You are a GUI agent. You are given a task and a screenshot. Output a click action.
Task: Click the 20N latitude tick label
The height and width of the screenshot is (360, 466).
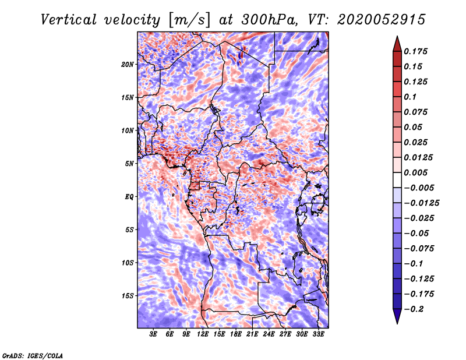[x=128, y=64]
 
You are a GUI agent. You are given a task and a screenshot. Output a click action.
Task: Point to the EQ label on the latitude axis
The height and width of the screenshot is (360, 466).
[x=129, y=197]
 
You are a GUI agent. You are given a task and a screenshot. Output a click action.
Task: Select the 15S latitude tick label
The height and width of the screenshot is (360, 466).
[x=128, y=296]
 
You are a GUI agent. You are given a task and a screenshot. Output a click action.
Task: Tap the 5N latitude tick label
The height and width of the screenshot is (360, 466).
[x=129, y=164]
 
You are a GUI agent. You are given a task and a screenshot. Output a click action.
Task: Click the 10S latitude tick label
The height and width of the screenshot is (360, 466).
[x=128, y=263]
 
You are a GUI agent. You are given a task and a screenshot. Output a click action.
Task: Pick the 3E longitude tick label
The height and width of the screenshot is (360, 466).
[x=154, y=334]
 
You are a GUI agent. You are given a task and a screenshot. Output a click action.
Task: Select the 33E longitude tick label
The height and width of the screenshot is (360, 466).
[x=318, y=334]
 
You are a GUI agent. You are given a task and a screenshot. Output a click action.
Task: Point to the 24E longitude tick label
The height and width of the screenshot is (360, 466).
[x=269, y=334]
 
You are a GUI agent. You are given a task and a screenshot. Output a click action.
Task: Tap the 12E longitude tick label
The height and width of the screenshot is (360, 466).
[x=203, y=334]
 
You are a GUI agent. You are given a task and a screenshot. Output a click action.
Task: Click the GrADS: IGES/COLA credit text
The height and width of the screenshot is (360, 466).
[x=32, y=354]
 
